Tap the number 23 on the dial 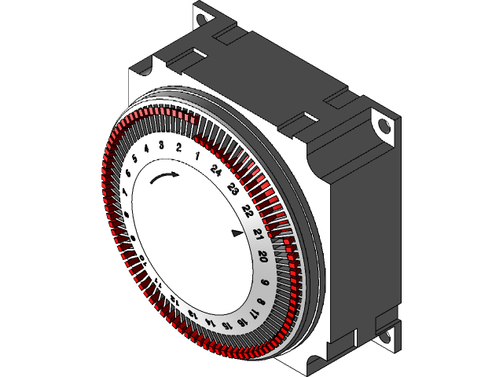coord(233,188)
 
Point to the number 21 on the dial coord(257,233)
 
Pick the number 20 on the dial coord(263,256)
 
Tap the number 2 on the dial coord(179,148)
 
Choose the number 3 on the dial coord(161,145)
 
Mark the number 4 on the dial coord(147,149)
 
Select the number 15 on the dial coord(228,324)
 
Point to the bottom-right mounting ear coord(387,335)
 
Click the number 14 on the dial coord(211,322)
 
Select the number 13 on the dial coord(193,314)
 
